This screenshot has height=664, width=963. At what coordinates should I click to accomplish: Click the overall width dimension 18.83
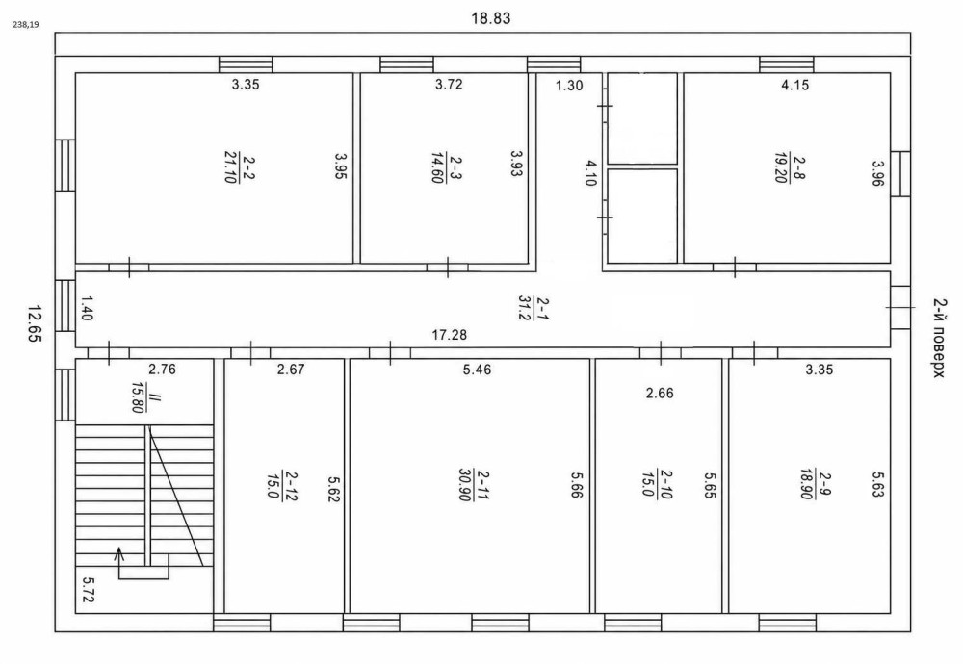(491, 17)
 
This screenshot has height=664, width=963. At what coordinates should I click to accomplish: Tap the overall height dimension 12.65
(35, 323)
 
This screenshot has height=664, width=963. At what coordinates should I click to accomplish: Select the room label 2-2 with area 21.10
(240, 167)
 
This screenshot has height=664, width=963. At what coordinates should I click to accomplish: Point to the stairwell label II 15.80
(145, 397)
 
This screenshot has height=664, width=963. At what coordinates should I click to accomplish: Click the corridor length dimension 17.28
(450, 335)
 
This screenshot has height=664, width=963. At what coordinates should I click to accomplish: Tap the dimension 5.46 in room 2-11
(478, 370)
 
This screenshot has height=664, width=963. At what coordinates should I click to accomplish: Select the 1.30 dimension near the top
(569, 86)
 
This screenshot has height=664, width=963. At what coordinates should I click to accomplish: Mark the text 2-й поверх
(938, 338)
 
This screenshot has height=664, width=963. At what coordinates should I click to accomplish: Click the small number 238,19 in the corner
(25, 26)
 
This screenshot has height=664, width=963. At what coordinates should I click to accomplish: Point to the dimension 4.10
(590, 172)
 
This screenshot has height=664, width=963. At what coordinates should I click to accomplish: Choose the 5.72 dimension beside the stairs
(88, 589)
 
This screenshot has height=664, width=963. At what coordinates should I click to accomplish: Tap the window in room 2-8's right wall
(900, 173)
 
